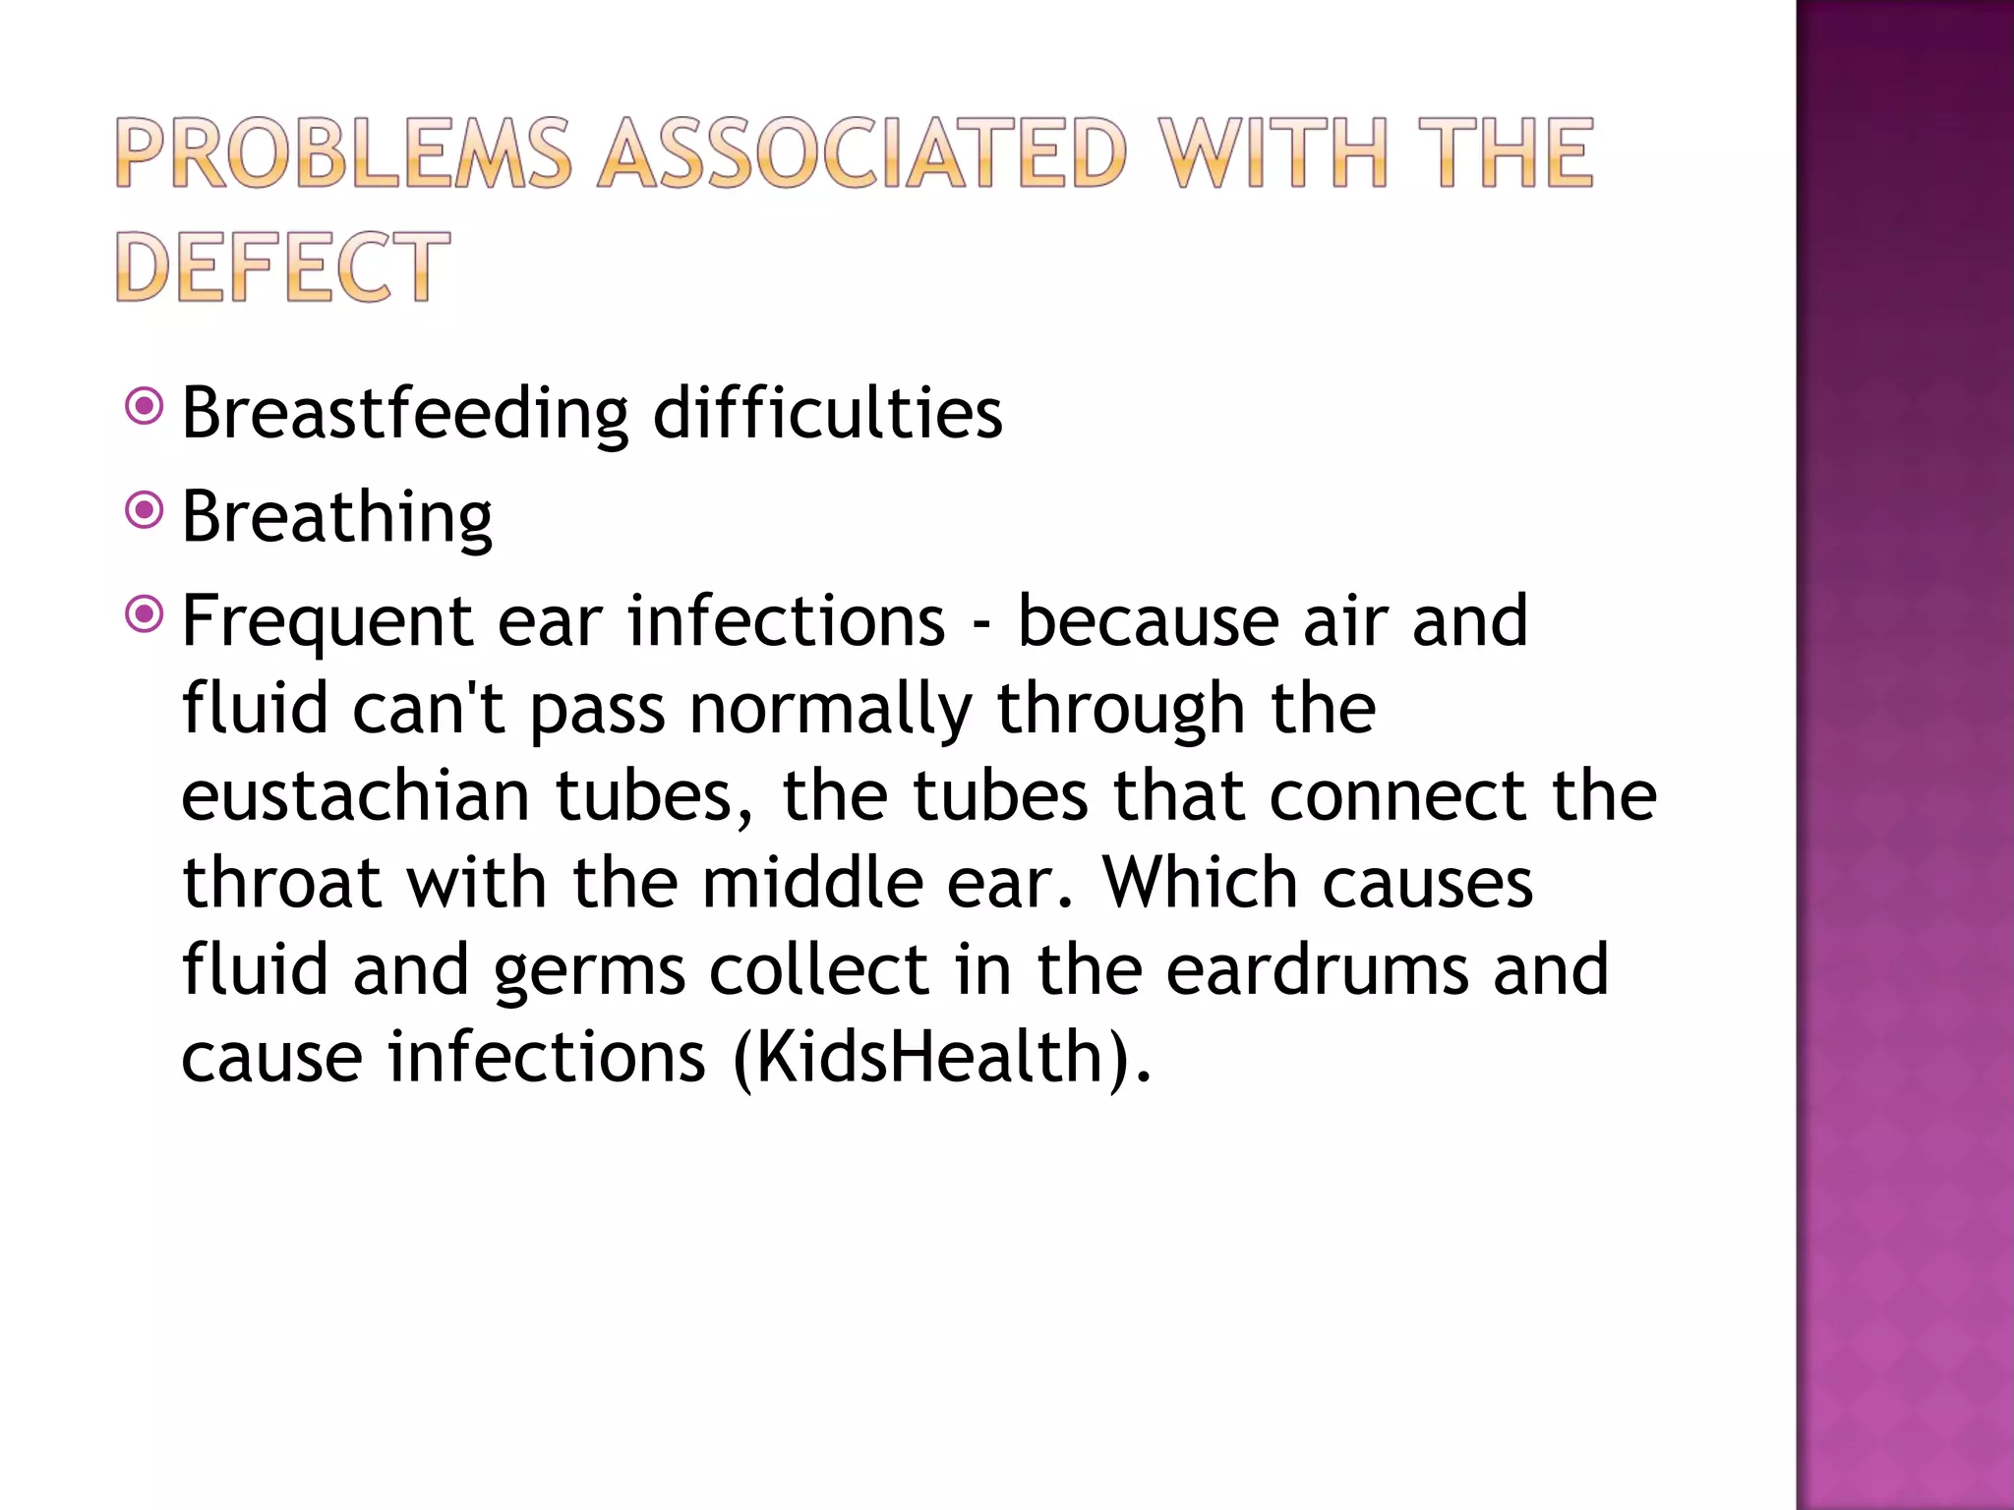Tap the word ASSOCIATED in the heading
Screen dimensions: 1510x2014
[861, 152]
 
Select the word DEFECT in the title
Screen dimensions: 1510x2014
[282, 266]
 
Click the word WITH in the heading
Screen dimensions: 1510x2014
[1273, 152]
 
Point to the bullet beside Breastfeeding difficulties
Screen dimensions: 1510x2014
[145, 406]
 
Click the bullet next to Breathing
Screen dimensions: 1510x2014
[145, 510]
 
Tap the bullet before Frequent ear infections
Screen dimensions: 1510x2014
[145, 614]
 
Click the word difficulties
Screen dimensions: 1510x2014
[827, 413]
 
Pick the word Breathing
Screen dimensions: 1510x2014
[336, 517]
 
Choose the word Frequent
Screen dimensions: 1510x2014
[327, 622]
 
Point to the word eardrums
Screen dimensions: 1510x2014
[1318, 970]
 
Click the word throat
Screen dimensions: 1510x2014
[281, 883]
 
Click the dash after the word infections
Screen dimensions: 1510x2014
[980, 623]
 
